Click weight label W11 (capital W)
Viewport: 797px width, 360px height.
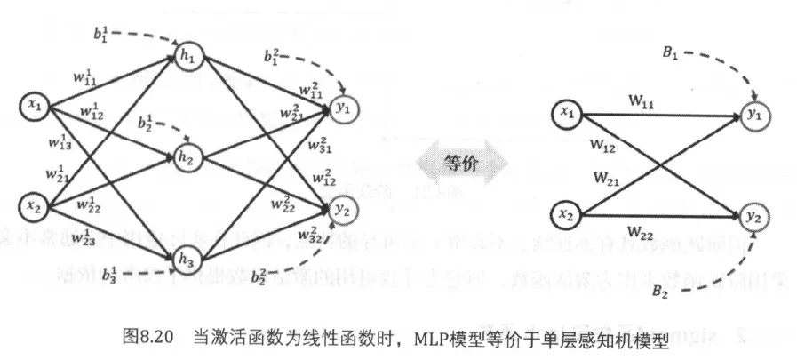[642, 103]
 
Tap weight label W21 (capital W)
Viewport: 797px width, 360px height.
[608, 177]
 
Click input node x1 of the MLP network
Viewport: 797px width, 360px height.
[35, 108]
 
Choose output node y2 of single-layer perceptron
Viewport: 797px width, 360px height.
[754, 216]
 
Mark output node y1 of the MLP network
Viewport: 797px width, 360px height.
[344, 108]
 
